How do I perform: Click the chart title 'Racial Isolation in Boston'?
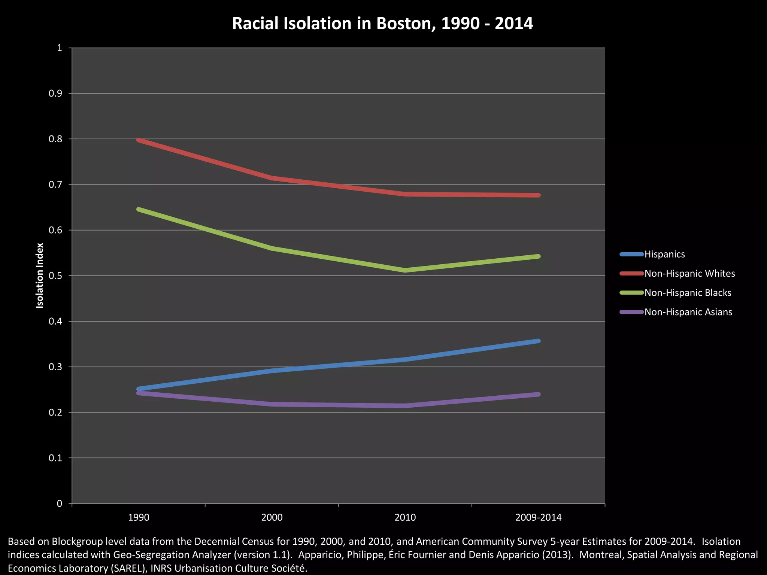point(382,24)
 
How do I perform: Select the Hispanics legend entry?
point(664,254)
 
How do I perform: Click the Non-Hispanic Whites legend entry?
point(689,274)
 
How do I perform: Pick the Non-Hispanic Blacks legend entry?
point(687,293)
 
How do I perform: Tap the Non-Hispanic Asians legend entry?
point(688,312)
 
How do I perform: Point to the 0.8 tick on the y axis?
point(55,139)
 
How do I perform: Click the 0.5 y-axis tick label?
point(55,276)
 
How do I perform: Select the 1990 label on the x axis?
point(139,518)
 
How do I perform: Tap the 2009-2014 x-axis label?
point(538,518)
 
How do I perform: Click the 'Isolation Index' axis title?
point(40,276)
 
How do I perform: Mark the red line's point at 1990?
point(139,140)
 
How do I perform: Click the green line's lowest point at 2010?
point(405,270)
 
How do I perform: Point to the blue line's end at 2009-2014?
point(538,341)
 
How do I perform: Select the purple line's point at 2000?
point(272,404)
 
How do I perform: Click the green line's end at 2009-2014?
point(538,256)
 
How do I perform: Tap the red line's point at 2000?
point(272,178)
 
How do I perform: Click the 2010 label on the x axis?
point(405,518)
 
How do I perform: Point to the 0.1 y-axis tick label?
point(55,458)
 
